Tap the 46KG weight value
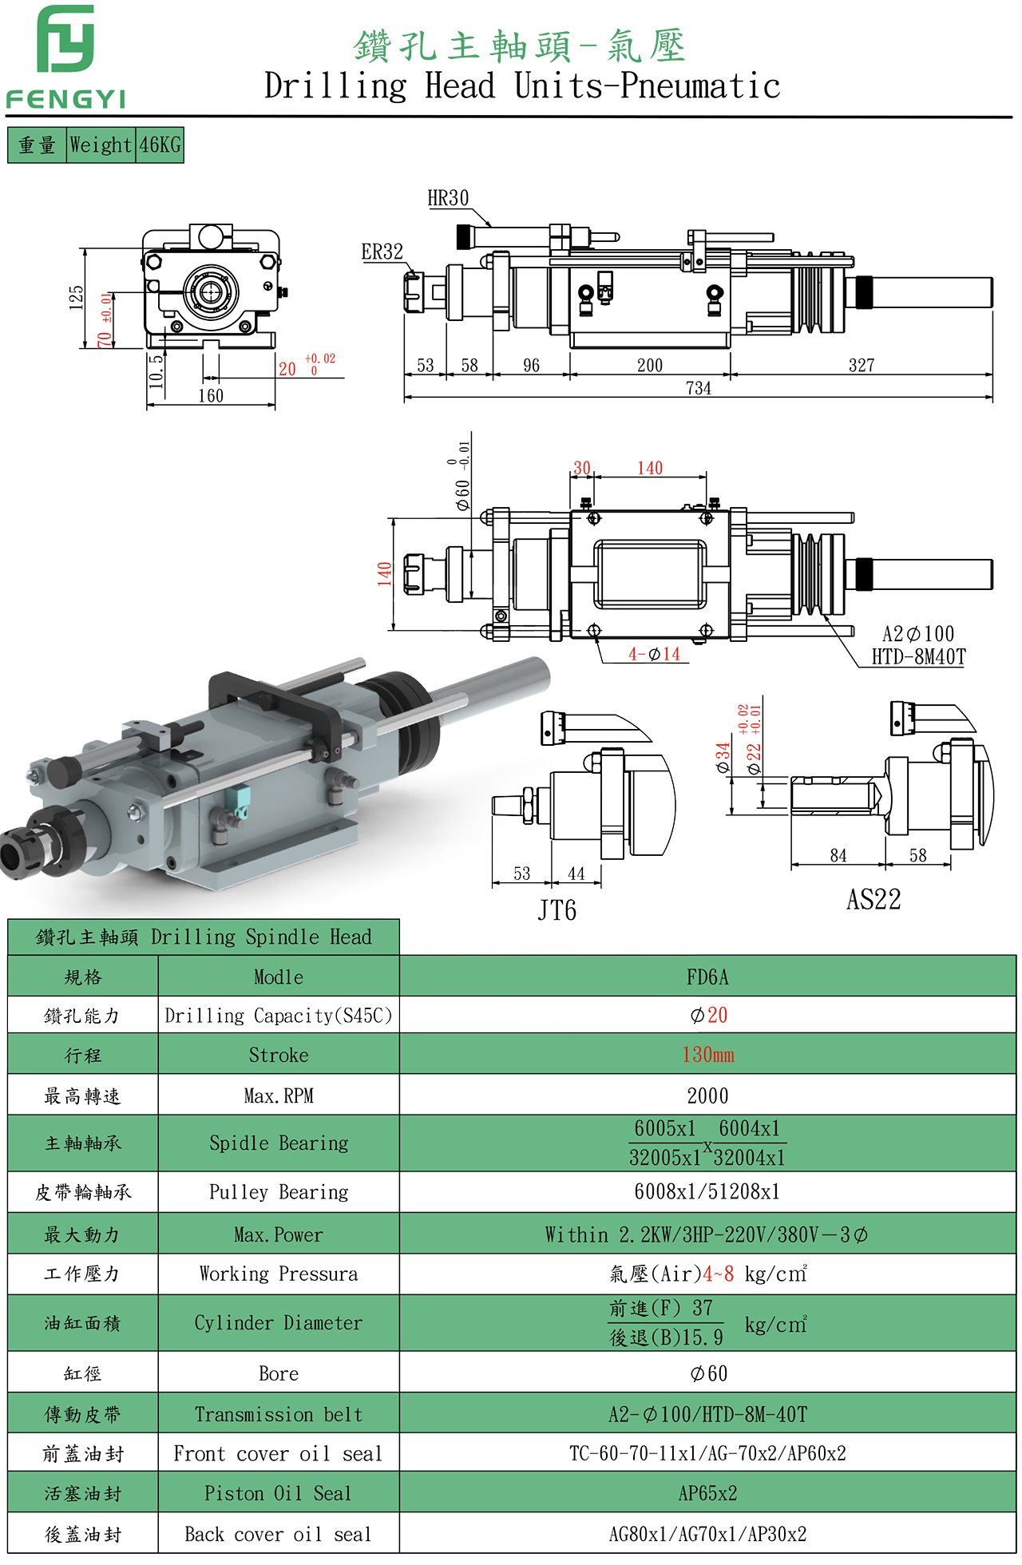160,145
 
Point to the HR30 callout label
448,199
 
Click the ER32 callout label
382,252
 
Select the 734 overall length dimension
698,388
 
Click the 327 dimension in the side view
862,366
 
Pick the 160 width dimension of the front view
211,396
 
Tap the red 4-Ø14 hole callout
654,655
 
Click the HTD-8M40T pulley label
918,657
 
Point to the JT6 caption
557,910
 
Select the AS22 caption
873,900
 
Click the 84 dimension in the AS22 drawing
838,856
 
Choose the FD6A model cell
707,977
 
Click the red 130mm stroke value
707,1055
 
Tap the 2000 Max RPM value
707,1096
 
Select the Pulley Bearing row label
279,1192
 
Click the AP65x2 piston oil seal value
707,1493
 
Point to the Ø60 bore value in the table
707,1373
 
